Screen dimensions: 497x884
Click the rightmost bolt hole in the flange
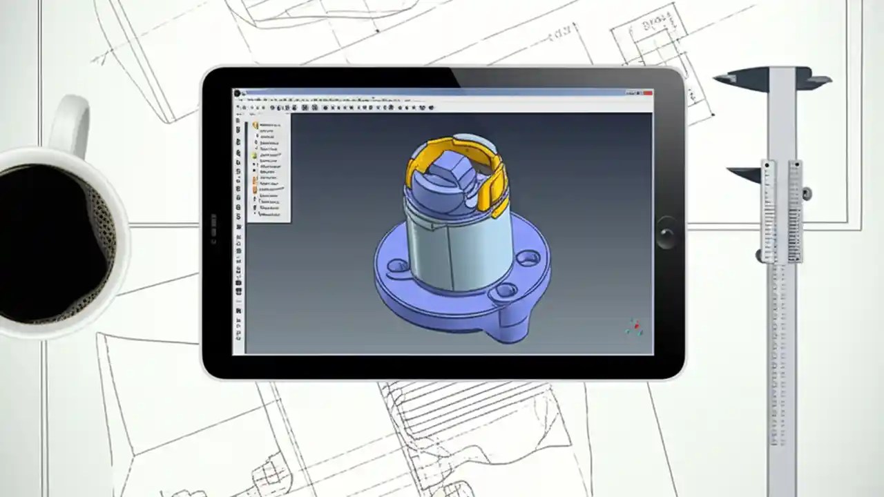(529, 257)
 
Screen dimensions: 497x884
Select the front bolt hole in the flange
(506, 289)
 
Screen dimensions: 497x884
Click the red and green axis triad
(634, 327)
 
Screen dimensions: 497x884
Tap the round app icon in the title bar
(237, 92)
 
